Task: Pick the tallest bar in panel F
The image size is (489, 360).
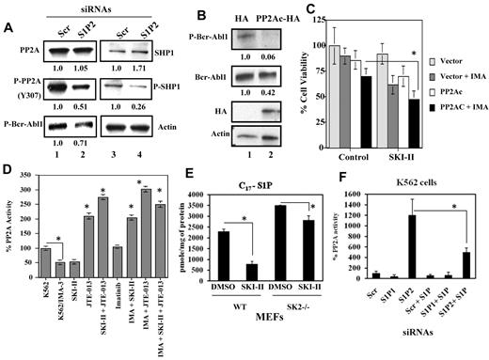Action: click(410, 257)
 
